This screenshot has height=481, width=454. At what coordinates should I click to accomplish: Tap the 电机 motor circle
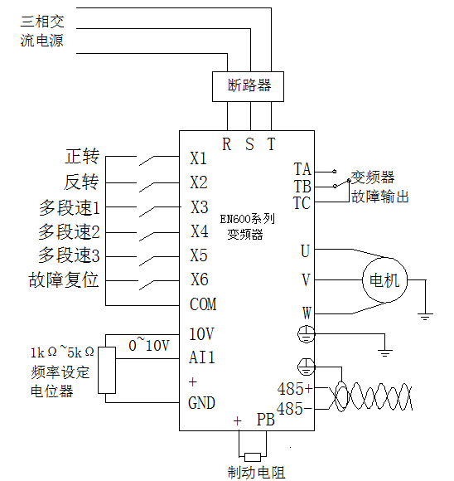click(x=383, y=280)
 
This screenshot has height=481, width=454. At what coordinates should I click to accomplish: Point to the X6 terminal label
click(x=199, y=279)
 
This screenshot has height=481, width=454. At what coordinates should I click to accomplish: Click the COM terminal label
click(x=203, y=304)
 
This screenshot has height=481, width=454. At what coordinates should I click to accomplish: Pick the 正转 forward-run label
click(x=81, y=157)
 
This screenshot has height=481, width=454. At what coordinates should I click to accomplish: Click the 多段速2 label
click(x=69, y=231)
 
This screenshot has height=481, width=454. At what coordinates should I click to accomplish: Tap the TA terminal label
click(x=302, y=169)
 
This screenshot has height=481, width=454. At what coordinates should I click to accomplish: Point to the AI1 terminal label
click(x=202, y=357)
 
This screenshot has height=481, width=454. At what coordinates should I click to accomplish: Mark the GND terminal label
click(x=202, y=404)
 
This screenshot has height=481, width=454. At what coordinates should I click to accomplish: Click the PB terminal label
click(x=265, y=420)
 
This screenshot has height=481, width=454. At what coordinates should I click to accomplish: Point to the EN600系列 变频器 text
click(x=247, y=228)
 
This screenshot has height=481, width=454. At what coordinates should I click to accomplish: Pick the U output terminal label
click(x=305, y=250)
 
